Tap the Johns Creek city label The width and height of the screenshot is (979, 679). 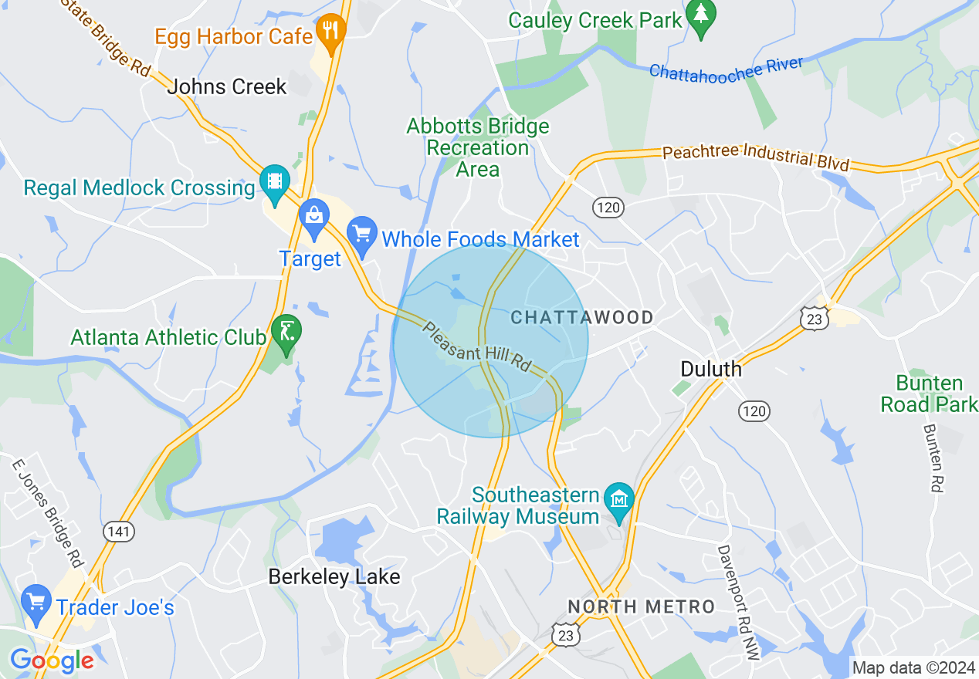[x=227, y=86]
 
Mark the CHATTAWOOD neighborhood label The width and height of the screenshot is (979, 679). [x=582, y=317]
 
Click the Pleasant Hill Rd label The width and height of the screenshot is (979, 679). [x=478, y=347]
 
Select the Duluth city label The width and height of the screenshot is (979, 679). [x=710, y=369]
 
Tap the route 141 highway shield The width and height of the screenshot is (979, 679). [x=118, y=532]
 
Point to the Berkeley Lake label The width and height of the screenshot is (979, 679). [x=334, y=576]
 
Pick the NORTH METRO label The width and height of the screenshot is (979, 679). [x=641, y=606]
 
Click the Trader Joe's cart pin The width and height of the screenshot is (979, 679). [x=36, y=603]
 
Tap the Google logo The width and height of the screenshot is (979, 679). [x=51, y=660]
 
